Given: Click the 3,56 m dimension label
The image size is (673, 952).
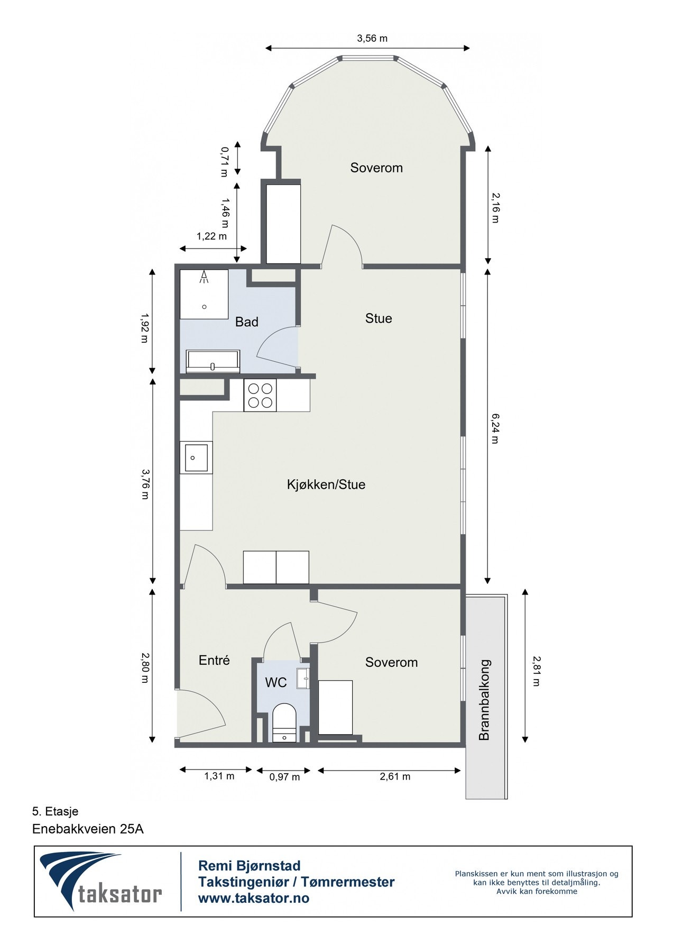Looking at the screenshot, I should (372, 38).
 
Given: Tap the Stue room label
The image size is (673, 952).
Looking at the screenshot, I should (379, 318).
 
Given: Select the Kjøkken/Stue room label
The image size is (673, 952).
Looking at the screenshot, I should (326, 484).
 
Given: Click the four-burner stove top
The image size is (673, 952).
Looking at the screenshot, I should (260, 395).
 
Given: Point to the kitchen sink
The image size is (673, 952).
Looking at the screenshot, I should (196, 457).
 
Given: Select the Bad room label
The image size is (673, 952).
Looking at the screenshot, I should (247, 322).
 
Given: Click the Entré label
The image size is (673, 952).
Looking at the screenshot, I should (214, 660).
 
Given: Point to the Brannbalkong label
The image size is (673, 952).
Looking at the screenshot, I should (484, 699).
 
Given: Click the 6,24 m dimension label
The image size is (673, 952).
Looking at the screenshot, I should (495, 428).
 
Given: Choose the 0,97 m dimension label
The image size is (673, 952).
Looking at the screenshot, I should (284, 777).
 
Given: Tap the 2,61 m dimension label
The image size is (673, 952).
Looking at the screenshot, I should (395, 776).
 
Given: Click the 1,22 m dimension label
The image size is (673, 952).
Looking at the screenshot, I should (211, 236).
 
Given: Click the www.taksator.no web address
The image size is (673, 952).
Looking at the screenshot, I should (254, 898).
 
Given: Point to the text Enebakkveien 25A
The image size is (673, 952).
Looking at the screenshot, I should (88, 829).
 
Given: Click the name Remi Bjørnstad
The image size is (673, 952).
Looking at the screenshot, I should (249, 866).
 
